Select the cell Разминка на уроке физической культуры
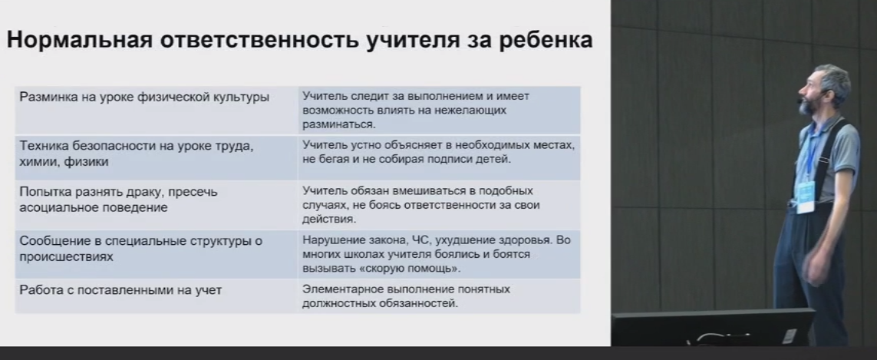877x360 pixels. [x=156, y=110]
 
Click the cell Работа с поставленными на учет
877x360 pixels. [x=156, y=297]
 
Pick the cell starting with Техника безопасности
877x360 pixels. [x=156, y=157]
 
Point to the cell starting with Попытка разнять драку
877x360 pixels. [x=156, y=204]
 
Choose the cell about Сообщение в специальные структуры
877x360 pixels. [x=156, y=254]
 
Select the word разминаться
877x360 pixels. [x=338, y=124]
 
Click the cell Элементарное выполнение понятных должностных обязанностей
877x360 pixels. [x=439, y=297]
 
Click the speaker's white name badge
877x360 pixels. [x=806, y=197]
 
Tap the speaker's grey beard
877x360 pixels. [x=807, y=104]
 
